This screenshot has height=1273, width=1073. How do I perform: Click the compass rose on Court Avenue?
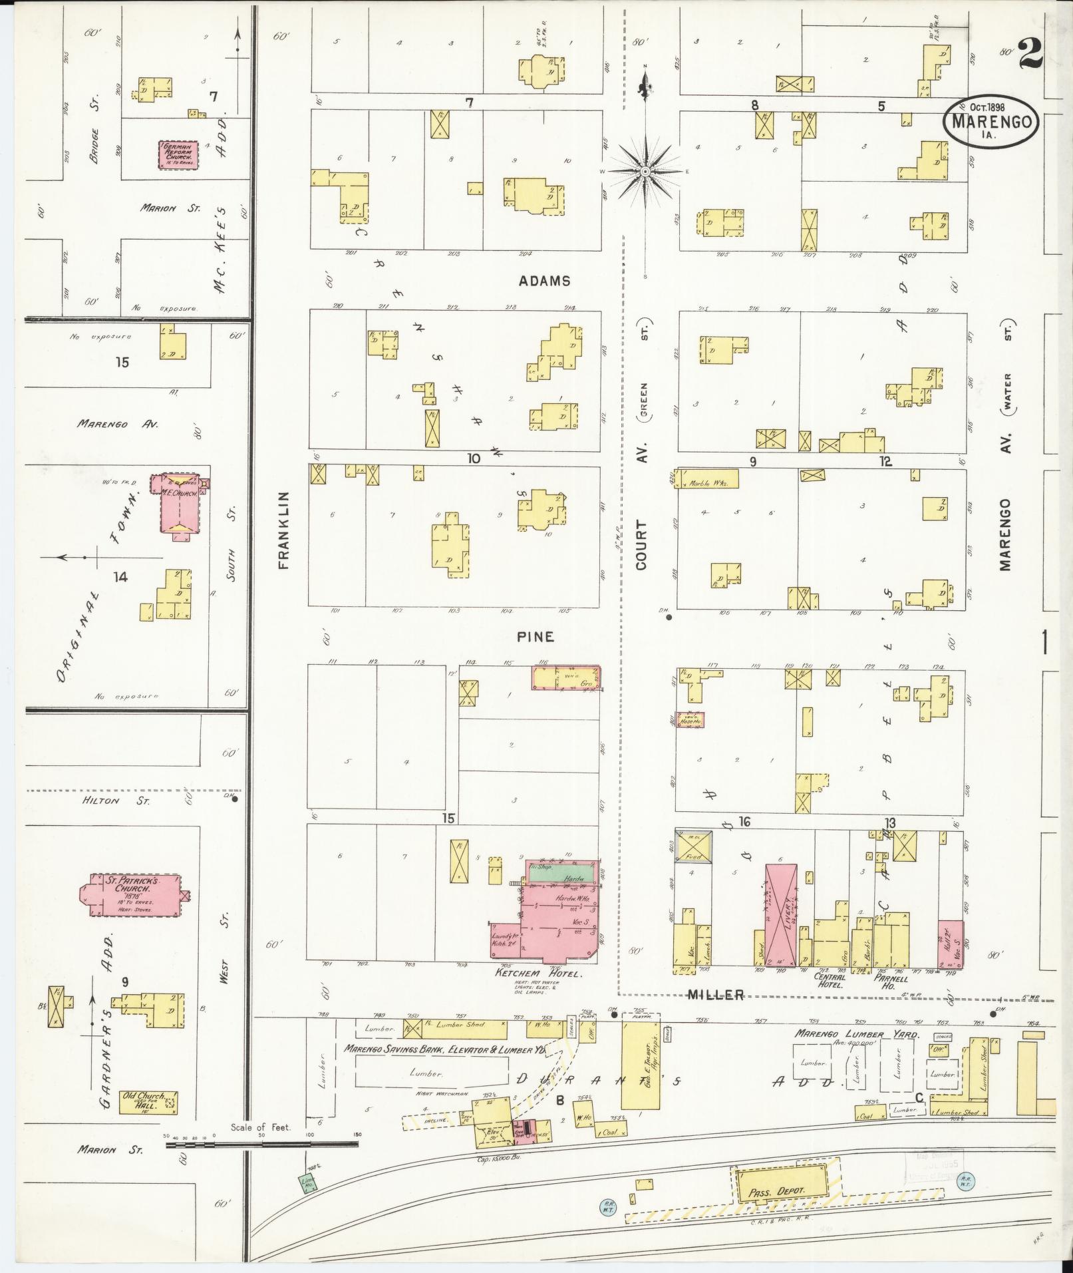(645, 172)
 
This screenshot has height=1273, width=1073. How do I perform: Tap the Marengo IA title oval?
(991, 122)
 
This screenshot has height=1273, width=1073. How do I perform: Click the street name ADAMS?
(545, 281)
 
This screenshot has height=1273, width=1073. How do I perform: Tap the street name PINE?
(536, 637)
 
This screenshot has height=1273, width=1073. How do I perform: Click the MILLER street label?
(715, 994)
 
